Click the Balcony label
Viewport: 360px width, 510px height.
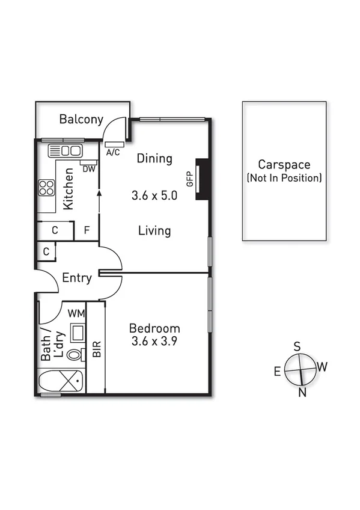tap(81, 119)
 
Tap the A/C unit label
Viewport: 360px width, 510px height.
tap(113, 152)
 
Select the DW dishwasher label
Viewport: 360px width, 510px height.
tap(89, 169)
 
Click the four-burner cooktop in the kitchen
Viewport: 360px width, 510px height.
tap(46, 188)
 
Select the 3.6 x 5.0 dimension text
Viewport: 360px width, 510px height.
tap(154, 195)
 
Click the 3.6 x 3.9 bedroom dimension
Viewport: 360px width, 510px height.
tap(154, 340)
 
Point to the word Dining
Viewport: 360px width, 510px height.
tap(154, 159)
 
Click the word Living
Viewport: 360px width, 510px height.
tap(154, 230)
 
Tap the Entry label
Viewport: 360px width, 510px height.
tap(77, 278)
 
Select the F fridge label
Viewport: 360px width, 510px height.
tap(87, 230)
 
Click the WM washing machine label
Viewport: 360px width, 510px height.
tap(76, 313)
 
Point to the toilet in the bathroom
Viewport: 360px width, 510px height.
tap(75, 354)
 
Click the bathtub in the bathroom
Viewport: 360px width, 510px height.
tap(61, 381)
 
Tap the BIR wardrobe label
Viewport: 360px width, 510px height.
tap(97, 349)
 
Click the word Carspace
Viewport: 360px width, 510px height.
tap(284, 164)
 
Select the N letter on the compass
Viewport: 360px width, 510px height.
tap(303, 393)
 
